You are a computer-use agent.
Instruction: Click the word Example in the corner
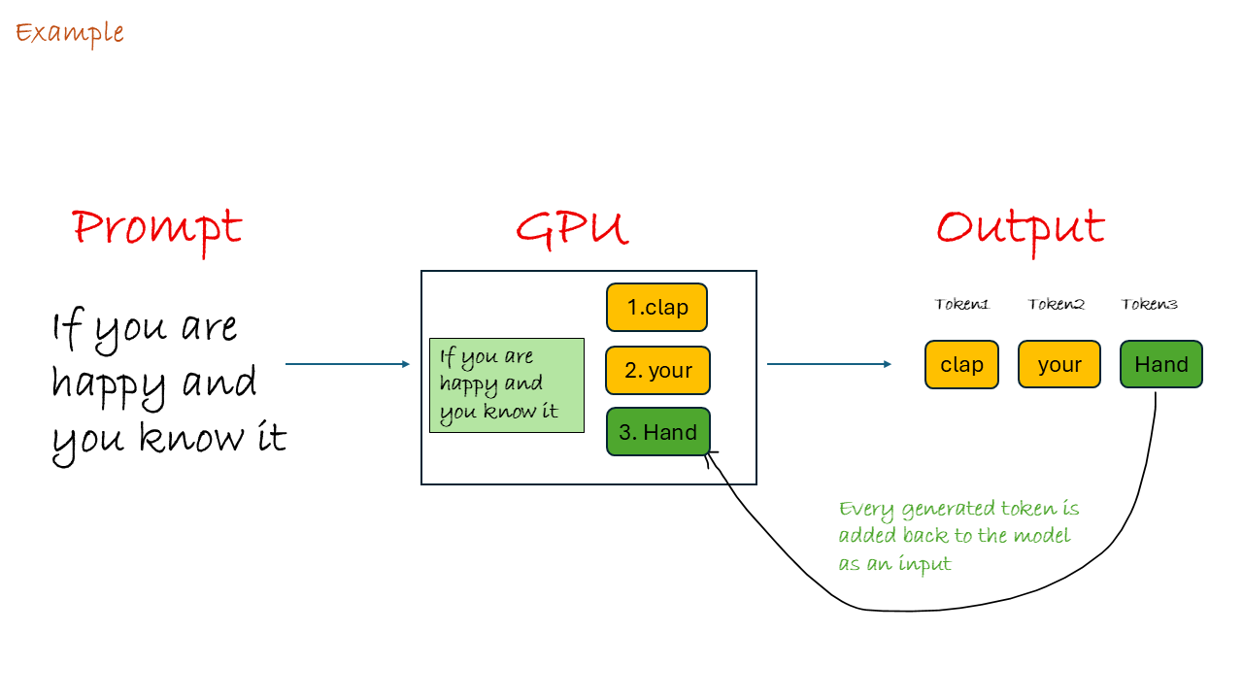(x=69, y=33)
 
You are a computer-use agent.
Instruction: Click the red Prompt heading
(x=156, y=228)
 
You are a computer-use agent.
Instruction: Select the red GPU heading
(x=571, y=228)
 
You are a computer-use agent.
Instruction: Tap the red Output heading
(x=1020, y=228)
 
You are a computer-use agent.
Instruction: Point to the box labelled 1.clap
(x=656, y=308)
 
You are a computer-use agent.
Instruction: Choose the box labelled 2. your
(x=657, y=371)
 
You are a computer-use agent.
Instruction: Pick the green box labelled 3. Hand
(x=657, y=432)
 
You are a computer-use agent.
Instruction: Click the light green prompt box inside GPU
(x=506, y=385)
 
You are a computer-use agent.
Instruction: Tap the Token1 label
(x=961, y=305)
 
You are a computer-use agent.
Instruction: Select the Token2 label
(x=1056, y=305)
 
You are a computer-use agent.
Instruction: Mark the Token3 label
(x=1150, y=305)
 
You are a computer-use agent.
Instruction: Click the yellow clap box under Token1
(x=961, y=365)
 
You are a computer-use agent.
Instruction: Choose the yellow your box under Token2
(x=1058, y=365)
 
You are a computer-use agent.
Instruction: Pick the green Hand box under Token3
(x=1160, y=365)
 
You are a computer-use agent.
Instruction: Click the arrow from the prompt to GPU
(x=347, y=364)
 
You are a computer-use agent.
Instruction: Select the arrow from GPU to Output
(x=828, y=364)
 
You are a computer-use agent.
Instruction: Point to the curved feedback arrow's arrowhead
(x=709, y=453)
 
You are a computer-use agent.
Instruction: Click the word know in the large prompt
(x=180, y=439)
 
